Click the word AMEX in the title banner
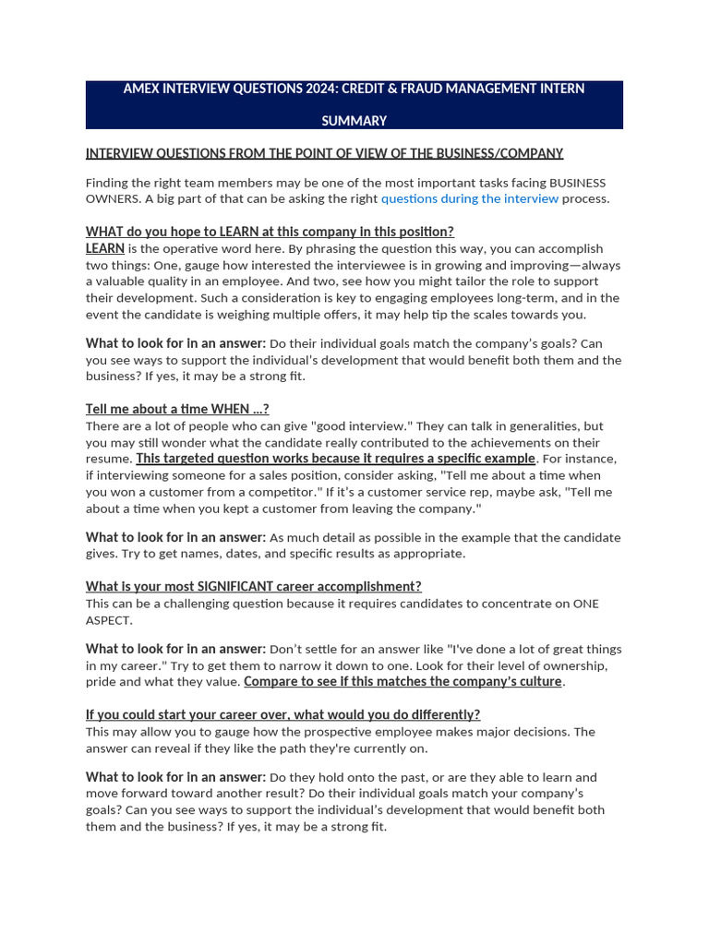(142, 89)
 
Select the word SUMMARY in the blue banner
(354, 121)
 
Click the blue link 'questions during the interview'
(469, 198)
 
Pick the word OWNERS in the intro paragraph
(111, 198)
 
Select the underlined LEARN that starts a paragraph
(105, 248)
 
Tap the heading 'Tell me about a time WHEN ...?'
(177, 409)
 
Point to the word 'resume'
(109, 459)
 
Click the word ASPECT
(109, 620)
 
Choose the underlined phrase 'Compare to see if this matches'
(334, 681)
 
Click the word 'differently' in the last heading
(447, 714)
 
